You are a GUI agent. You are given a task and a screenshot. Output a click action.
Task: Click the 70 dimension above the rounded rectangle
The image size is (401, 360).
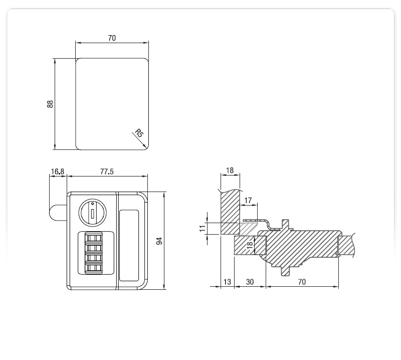pos(112,38)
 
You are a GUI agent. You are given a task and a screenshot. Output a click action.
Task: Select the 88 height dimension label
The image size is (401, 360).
pos(50,104)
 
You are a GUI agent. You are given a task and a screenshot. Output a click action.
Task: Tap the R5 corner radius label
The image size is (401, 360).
pos(139,133)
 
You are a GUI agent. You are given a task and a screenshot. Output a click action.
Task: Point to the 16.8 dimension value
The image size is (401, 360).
pos(58,171)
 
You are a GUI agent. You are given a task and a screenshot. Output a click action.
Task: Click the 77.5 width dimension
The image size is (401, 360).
pos(107,171)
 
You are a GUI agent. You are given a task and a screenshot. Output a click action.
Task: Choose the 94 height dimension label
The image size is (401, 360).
pos(159,241)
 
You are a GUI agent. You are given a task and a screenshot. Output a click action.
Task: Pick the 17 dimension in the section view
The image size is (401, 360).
pos(248,201)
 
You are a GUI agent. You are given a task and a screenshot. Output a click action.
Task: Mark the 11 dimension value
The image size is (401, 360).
pos(203,228)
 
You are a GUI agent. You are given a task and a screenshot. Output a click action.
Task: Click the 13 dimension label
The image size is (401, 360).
pos(227,282)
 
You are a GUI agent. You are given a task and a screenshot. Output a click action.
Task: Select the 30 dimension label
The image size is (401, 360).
pos(250,282)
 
